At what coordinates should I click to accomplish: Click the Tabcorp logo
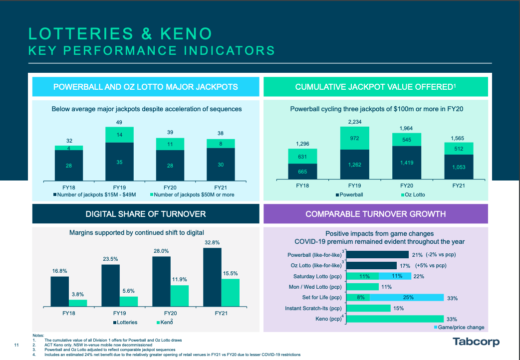tap(476, 342)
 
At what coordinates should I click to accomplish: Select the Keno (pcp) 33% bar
tap(395, 319)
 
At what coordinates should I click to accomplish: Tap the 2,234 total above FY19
tap(355, 121)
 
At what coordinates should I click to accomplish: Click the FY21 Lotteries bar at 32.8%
tap(212, 277)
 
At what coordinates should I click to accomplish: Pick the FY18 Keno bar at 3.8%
tap(78, 303)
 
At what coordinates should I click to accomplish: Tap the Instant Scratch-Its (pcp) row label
tap(313, 308)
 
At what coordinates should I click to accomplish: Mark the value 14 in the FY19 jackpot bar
tap(119, 135)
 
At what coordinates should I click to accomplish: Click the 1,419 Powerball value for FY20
tap(407, 162)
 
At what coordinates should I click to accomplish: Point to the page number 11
tap(16, 345)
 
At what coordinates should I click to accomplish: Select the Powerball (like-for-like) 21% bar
tap(377, 254)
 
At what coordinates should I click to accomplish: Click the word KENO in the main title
tap(185, 33)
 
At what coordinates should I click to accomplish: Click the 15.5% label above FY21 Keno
tap(230, 274)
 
